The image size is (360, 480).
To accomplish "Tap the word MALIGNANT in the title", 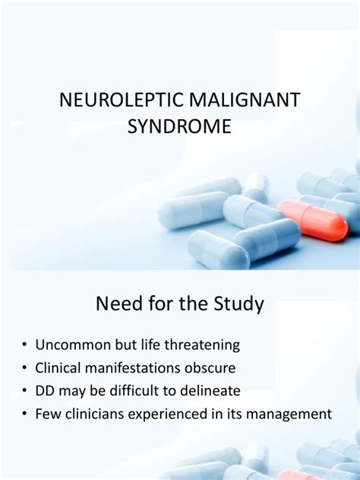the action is pyautogui.click(x=245, y=100).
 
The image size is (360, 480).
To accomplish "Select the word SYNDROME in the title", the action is pyautogui.click(x=179, y=126).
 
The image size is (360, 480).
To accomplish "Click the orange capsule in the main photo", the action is pyautogui.click(x=313, y=220).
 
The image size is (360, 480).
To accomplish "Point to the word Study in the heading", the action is pyautogui.click(x=238, y=304).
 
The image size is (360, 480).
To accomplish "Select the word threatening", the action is pyautogui.click(x=202, y=346).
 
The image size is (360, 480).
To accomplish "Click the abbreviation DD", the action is pyautogui.click(x=44, y=391).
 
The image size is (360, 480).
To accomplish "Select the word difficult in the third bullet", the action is pyautogui.click(x=134, y=390).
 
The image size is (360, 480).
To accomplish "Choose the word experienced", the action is pyautogui.click(x=168, y=415).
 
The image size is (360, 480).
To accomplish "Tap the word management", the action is pyautogui.click(x=289, y=415).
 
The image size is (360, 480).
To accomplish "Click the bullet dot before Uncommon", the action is pyautogui.click(x=24, y=345).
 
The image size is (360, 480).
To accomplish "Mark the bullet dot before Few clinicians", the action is pyautogui.click(x=24, y=414).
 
